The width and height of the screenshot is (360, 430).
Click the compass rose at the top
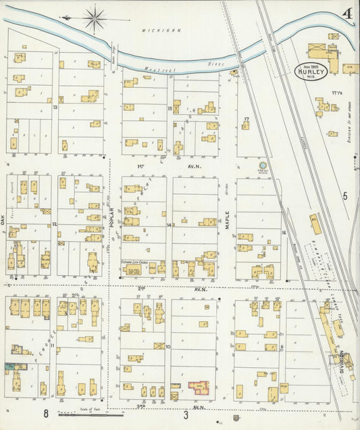point(95,18)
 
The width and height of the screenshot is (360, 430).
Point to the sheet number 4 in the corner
point(346,13)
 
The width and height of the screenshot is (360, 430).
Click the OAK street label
point(3,220)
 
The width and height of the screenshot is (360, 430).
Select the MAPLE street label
point(228,223)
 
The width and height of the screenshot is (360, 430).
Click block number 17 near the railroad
point(247,120)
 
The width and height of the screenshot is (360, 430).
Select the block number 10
point(168,346)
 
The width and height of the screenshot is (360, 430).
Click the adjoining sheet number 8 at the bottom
point(47,413)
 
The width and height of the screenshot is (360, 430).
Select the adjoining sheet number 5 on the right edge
point(344,196)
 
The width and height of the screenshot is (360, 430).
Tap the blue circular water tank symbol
point(263,165)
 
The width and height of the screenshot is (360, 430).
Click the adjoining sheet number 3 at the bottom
point(186,414)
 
